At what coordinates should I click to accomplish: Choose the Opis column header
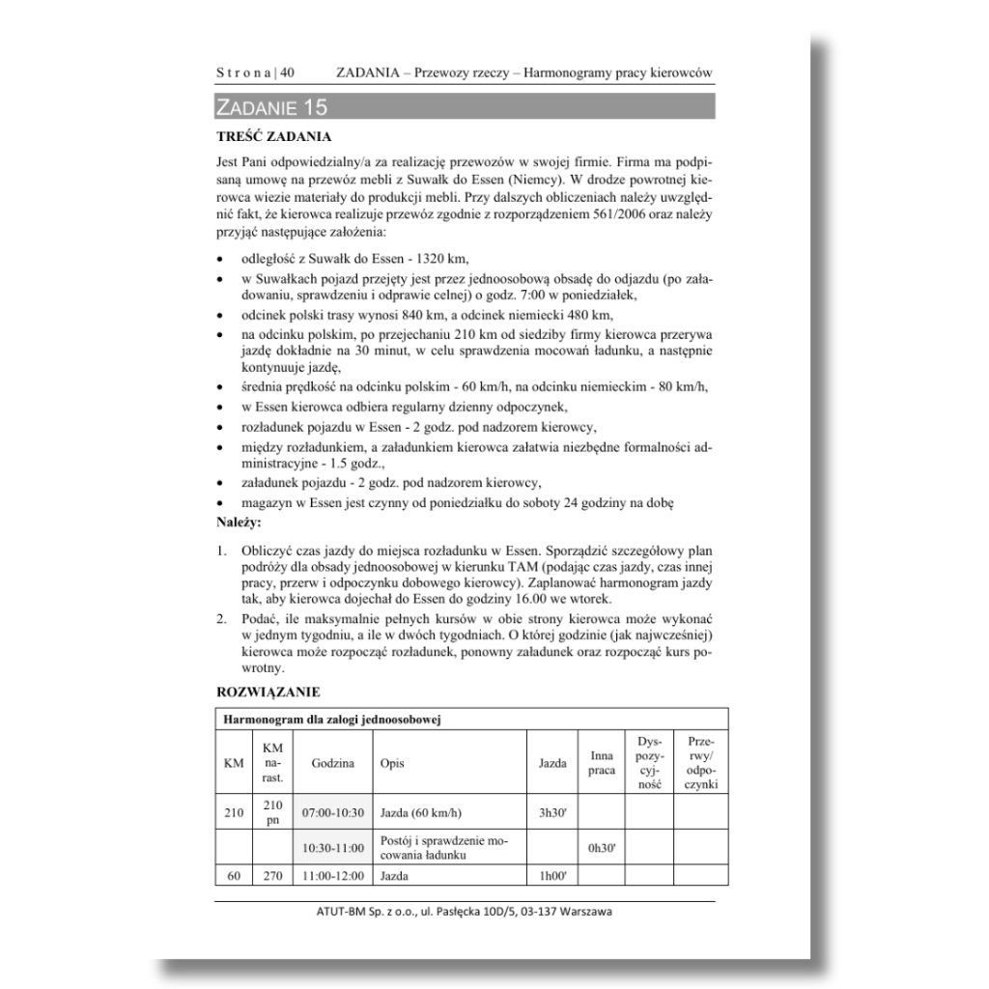[x=392, y=763]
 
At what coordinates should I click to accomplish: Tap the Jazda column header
[x=551, y=763]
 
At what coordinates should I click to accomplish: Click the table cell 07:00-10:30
[x=332, y=812]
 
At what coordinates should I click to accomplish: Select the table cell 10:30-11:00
[x=332, y=849]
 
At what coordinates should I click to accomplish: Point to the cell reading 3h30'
[x=551, y=812]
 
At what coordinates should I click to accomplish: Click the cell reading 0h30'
[x=601, y=849]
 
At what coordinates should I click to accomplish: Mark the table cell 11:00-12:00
[x=332, y=876]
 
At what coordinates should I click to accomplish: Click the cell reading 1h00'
[x=551, y=876]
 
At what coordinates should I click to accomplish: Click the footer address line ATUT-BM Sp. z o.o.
[x=464, y=913]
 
